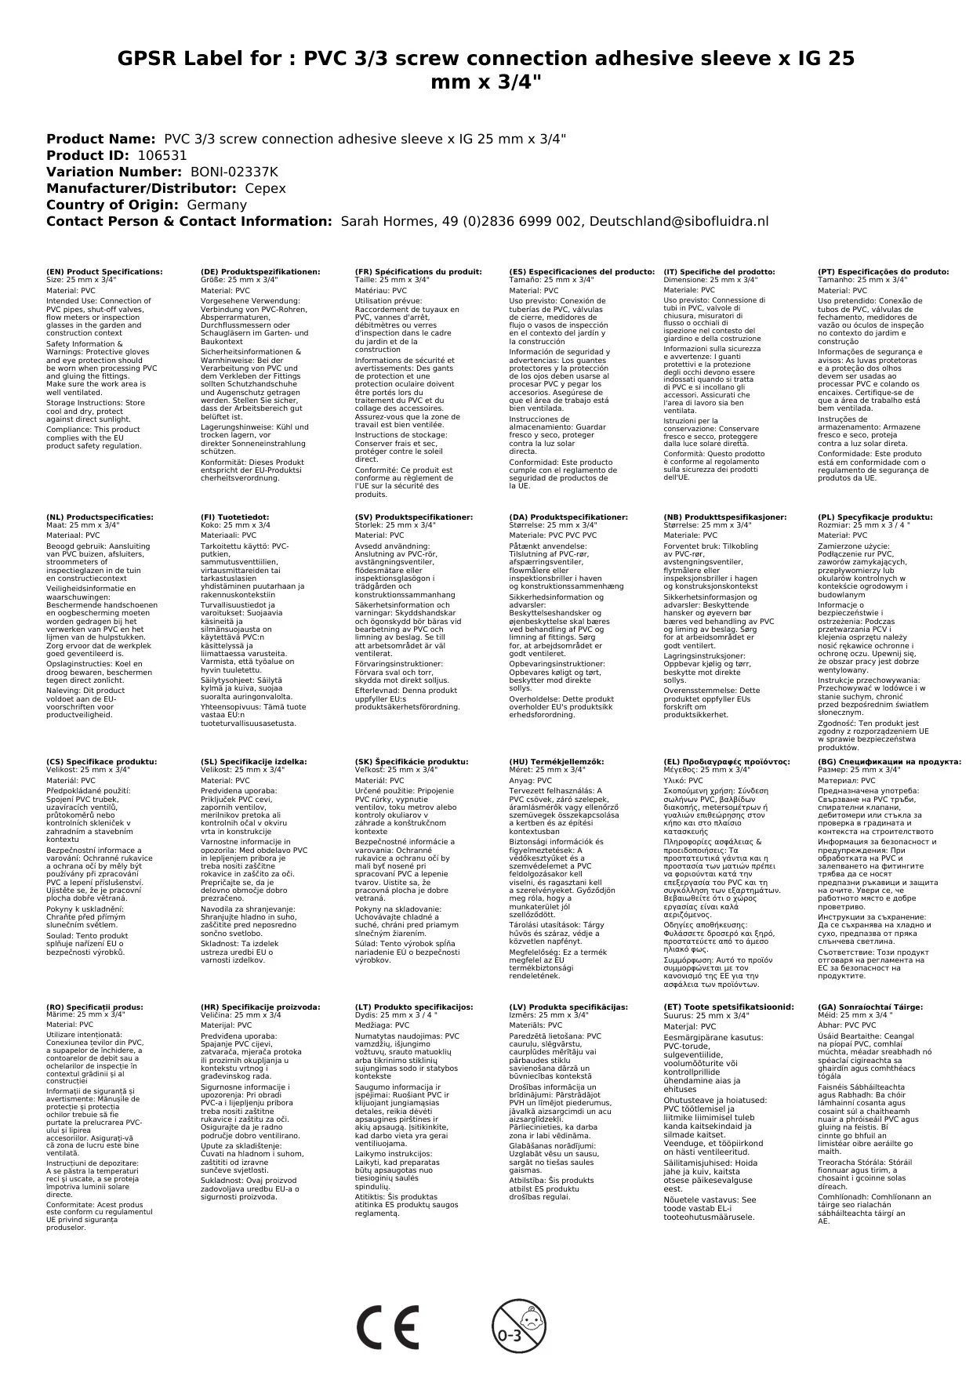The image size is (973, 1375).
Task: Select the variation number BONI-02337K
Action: click(234, 172)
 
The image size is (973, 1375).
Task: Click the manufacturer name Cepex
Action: click(265, 188)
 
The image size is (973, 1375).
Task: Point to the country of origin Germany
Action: click(216, 205)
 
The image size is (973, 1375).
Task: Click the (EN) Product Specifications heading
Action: click(104, 272)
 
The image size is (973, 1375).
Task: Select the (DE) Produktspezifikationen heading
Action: click(260, 272)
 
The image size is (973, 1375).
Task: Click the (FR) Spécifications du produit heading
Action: click(418, 272)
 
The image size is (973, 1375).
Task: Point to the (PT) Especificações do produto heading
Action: click(883, 272)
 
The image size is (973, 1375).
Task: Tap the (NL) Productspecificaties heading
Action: click(100, 517)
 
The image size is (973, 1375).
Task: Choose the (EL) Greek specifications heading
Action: click(727, 761)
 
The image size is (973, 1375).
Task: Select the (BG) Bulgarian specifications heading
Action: click(889, 761)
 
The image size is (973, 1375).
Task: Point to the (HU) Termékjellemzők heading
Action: click(557, 761)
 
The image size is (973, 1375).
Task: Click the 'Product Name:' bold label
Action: click(100, 139)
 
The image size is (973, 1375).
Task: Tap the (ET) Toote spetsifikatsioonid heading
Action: click(728, 1007)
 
